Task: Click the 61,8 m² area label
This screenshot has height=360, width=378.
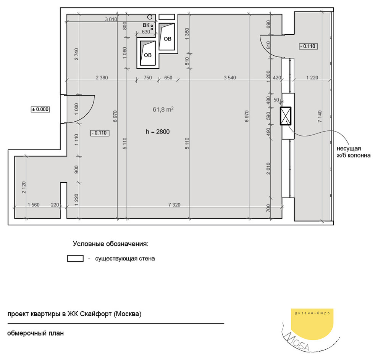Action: [163, 109]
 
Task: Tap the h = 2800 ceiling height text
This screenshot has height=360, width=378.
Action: [158, 132]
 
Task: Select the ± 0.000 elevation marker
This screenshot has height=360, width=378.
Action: [40, 109]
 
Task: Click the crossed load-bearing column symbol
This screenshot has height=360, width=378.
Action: [286, 116]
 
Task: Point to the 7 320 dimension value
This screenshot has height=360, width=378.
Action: [174, 205]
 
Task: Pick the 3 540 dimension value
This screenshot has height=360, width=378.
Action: [230, 77]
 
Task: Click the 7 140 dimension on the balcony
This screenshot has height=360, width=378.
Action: [320, 116]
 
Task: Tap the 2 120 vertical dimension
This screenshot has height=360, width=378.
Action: [23, 187]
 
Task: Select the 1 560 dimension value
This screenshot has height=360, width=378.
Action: [33, 205]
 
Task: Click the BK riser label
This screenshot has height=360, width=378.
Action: [146, 25]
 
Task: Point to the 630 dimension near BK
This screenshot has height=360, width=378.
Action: [146, 32]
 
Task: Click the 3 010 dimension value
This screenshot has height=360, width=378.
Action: [111, 19]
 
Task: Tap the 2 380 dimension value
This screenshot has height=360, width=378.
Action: [102, 77]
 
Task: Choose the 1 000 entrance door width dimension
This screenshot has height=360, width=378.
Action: [76, 109]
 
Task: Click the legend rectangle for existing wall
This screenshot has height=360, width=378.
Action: [75, 259]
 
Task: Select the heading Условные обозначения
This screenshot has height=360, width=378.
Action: [111, 244]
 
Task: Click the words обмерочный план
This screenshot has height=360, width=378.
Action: [36, 333]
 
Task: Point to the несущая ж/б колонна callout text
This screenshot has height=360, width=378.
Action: [354, 152]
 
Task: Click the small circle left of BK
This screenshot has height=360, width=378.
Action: [150, 17]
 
